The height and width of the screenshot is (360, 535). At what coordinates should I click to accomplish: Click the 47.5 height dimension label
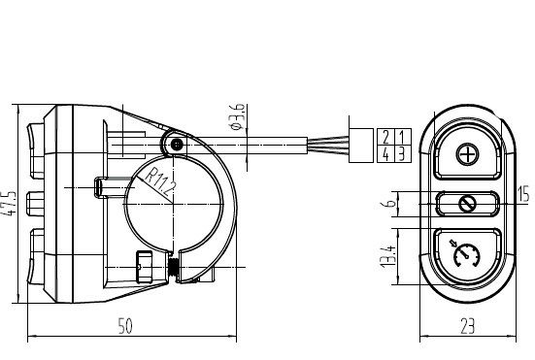click(x=9, y=203)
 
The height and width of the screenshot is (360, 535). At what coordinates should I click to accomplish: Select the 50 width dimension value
click(x=125, y=326)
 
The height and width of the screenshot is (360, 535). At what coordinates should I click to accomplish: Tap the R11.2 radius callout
click(x=160, y=183)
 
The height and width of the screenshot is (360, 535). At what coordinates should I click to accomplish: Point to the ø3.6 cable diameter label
click(x=238, y=116)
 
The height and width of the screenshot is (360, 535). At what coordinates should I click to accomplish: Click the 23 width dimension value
click(x=467, y=327)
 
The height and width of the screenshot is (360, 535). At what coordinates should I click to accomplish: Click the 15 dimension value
click(x=523, y=194)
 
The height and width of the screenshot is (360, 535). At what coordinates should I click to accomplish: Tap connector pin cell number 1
click(x=403, y=137)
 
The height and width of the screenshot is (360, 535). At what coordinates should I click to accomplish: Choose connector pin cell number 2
click(x=385, y=137)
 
